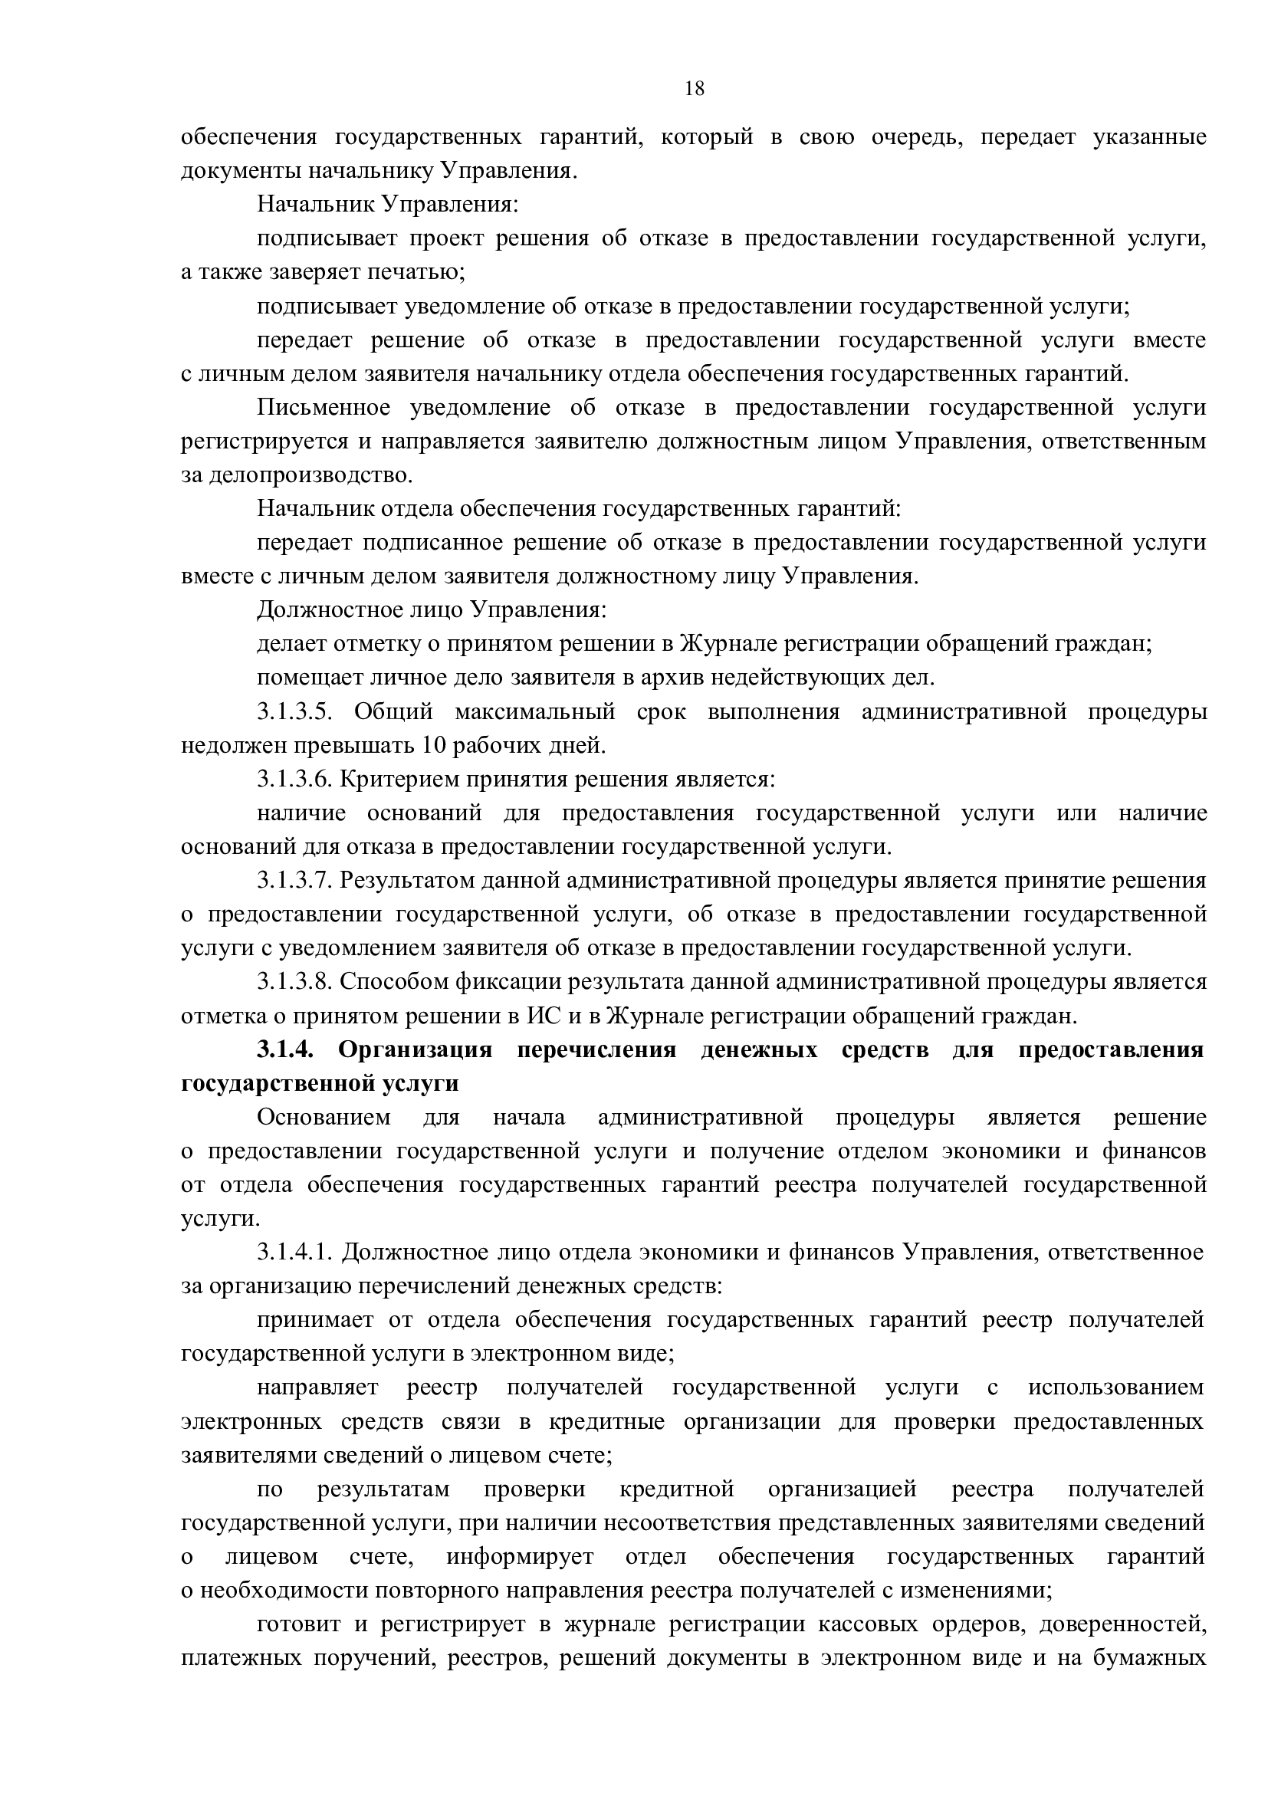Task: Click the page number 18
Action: (694, 89)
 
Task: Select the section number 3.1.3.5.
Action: (296, 711)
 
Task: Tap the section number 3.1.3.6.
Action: (296, 780)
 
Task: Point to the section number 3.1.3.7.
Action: (296, 880)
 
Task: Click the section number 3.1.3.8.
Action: (296, 981)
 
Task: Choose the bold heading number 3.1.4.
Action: (285, 1049)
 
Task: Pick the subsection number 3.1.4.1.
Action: (296, 1252)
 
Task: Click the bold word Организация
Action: (416, 1049)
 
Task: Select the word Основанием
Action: (324, 1118)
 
